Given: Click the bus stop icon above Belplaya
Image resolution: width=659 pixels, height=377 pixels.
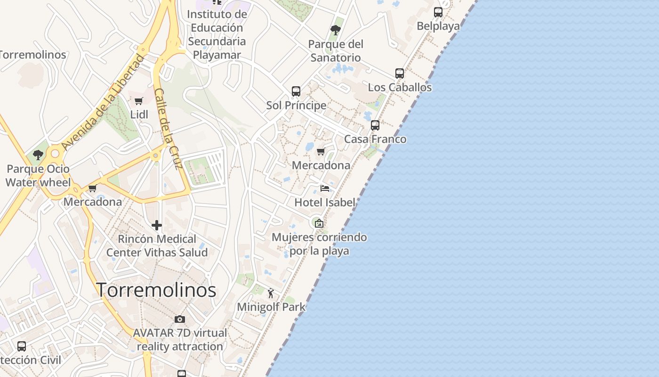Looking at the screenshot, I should [x=438, y=12].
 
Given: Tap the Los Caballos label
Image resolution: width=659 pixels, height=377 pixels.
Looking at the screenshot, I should [x=400, y=88].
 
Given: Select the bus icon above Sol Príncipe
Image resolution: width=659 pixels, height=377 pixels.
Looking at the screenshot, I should [x=296, y=91].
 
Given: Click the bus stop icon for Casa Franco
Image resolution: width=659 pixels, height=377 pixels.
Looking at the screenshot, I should [x=375, y=125].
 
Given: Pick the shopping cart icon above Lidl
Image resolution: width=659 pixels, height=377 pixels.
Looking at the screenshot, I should [x=139, y=101].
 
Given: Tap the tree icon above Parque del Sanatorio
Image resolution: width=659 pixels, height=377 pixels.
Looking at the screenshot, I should [x=336, y=30].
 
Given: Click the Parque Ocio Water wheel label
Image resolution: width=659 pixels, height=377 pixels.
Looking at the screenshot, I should [x=38, y=175].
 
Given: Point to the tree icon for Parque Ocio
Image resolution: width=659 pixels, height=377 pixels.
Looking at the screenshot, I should [x=38, y=155].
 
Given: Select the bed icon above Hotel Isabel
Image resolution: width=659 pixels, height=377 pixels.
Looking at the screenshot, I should [x=325, y=188].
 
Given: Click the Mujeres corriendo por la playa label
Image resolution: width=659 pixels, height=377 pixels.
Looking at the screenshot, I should [x=319, y=244].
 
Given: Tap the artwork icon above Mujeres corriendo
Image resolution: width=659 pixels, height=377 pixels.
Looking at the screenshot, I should [x=319, y=223].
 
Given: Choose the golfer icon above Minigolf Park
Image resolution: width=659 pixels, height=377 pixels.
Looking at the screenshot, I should [x=271, y=294].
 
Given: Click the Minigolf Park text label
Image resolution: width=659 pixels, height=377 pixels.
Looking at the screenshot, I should [x=271, y=307].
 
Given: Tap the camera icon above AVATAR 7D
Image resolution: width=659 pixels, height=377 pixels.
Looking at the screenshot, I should [x=180, y=319].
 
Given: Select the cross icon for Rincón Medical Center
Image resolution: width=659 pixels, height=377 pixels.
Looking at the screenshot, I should [x=157, y=225].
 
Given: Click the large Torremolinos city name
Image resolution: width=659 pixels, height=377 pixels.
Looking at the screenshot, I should [x=156, y=290].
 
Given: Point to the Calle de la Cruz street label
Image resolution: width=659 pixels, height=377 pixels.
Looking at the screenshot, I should [x=169, y=129].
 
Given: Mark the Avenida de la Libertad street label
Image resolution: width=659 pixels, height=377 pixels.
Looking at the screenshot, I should [x=102, y=103].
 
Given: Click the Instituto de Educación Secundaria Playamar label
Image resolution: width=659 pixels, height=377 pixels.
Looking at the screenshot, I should [x=217, y=34].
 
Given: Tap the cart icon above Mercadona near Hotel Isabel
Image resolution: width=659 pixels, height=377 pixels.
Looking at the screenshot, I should [x=321, y=152].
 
